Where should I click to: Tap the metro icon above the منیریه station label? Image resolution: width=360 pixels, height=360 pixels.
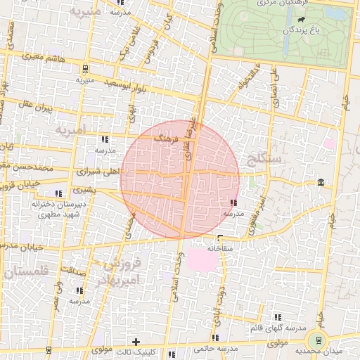click(x=85, y=69)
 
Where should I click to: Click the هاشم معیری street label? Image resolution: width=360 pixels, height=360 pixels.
click(x=43, y=58)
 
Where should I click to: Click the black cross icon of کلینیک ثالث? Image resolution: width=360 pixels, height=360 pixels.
click(x=135, y=342)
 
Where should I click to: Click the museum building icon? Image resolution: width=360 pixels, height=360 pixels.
click(x=321, y=183)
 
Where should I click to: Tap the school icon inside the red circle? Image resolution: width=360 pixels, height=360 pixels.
click(x=233, y=203)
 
